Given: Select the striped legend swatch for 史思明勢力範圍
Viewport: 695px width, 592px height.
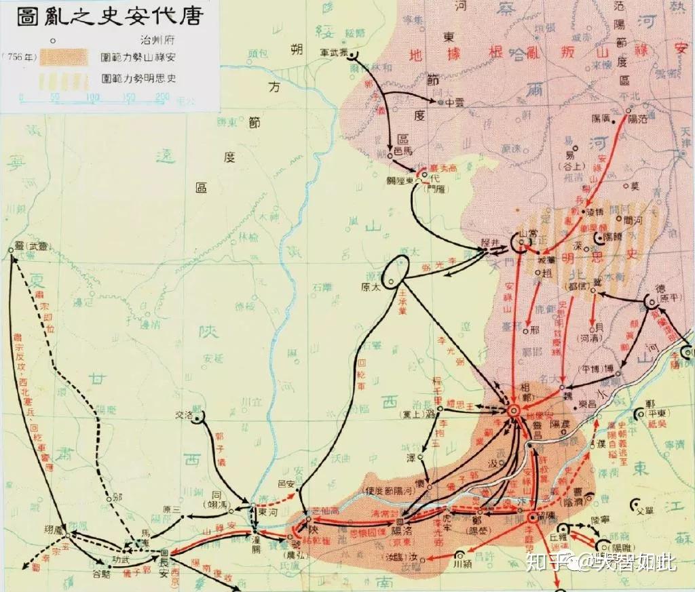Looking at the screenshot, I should [64, 80].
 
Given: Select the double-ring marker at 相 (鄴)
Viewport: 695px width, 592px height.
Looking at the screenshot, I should [514, 410].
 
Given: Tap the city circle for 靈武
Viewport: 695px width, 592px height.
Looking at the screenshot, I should [12, 250].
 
